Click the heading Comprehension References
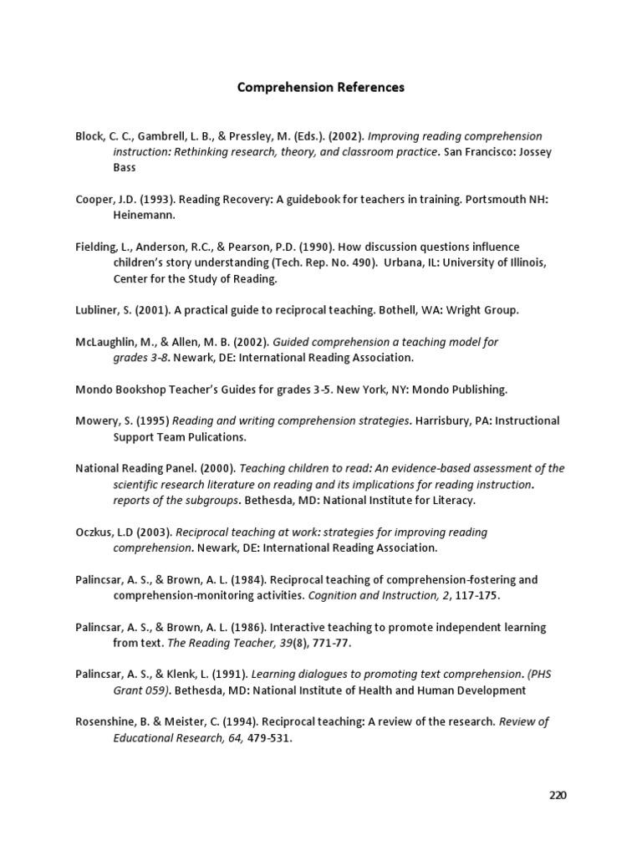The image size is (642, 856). [x=321, y=87]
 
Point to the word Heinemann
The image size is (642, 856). [x=145, y=215]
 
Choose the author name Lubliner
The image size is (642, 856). [x=98, y=310]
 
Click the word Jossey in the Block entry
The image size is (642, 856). [x=534, y=152]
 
